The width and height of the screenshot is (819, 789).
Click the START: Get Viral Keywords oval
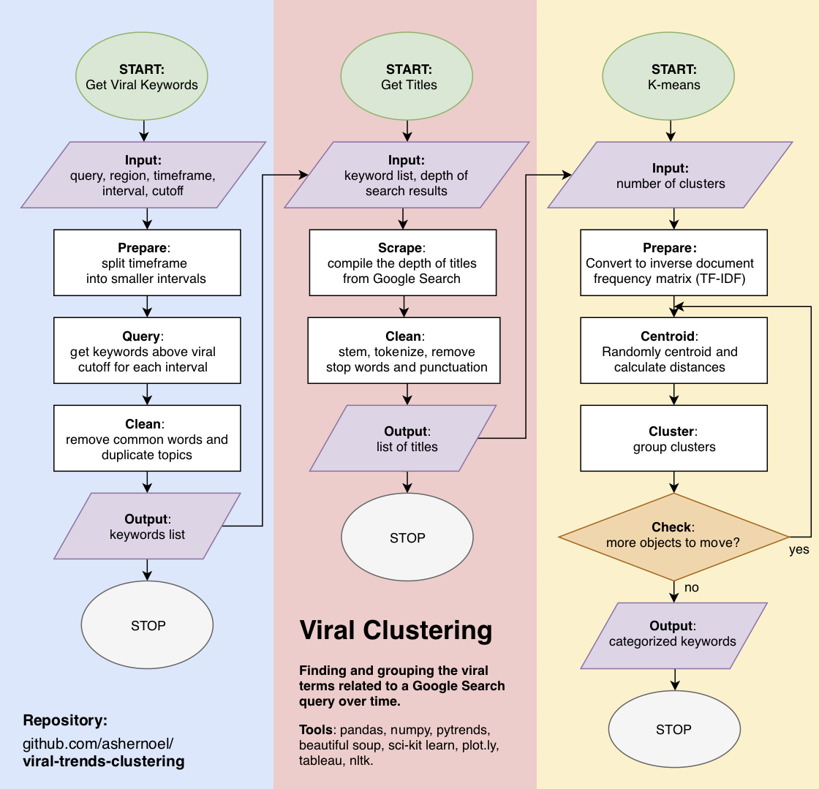142,77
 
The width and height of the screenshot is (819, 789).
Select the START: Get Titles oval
407,77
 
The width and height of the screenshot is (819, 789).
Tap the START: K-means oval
668,77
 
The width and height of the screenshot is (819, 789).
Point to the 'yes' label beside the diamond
799,549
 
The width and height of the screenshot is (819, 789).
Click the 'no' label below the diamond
691,587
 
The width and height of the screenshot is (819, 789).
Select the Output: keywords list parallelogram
147,526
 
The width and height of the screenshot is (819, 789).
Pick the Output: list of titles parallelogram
403,439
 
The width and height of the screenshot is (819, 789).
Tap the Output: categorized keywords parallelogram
673,635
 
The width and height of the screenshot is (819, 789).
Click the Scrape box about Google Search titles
403,263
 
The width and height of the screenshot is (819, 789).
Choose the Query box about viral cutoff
147,351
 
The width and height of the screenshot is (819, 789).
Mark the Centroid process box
673,351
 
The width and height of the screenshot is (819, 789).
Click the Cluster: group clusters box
673,439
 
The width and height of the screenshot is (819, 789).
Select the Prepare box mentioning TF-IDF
673,263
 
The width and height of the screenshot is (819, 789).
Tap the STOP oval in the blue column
147,626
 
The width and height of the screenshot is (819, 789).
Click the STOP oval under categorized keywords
673,730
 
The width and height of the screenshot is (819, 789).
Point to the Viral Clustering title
396,630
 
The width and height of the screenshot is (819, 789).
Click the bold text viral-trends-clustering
103,762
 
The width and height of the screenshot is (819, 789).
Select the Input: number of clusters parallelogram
670,175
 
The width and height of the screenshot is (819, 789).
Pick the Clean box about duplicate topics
147,439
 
